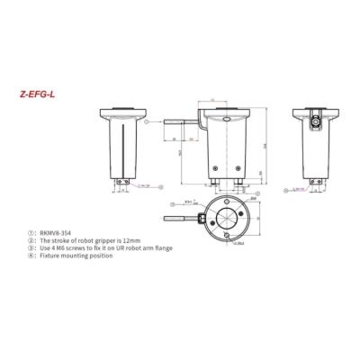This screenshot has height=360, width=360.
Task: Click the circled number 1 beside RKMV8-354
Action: click(x=32, y=232)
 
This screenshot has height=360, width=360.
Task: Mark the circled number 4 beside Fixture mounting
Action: click(x=32, y=256)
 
